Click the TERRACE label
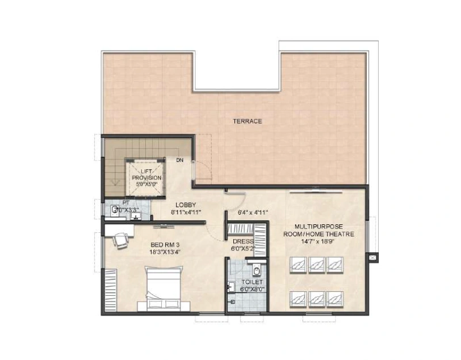[x=248, y=121]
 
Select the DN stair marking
[x=179, y=161]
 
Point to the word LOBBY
[x=186, y=204]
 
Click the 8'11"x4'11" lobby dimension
[x=186, y=212]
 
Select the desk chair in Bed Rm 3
[x=120, y=241]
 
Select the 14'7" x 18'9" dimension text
[x=319, y=241]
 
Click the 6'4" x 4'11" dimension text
[x=250, y=212]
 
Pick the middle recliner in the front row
[x=317, y=264]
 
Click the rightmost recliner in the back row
[x=333, y=297]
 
